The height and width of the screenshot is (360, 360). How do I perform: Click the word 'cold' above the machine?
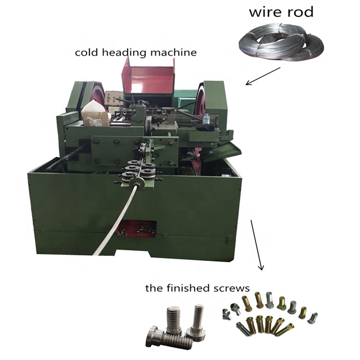(x=88, y=53)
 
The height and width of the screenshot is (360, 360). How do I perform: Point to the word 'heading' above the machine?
(x=127, y=53)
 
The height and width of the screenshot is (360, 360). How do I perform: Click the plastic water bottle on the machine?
(x=207, y=120)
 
